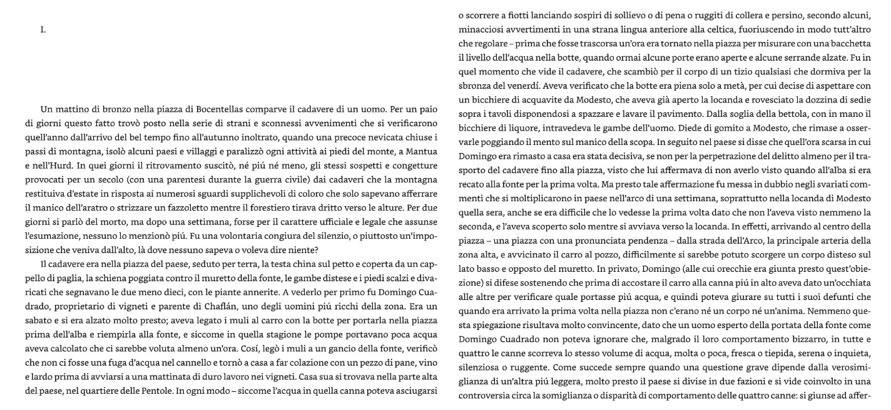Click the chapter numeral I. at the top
(x=43, y=29)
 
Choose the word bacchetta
(x=850, y=43)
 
